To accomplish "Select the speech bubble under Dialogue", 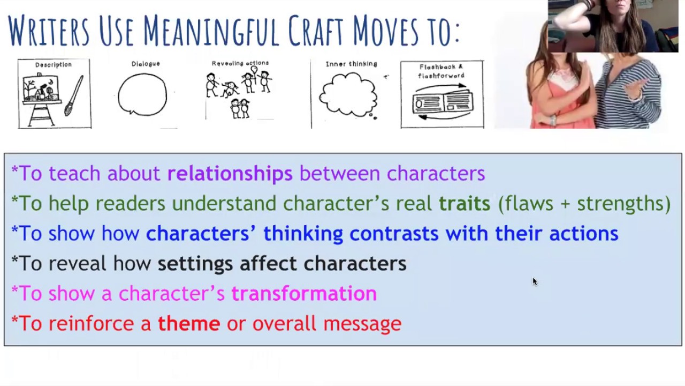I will tap(142, 94).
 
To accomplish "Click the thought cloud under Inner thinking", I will tap(349, 95).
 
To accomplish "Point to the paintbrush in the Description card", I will tap(74, 95).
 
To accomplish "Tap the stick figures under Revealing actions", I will tap(239, 91).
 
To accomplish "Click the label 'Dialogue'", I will tap(146, 64).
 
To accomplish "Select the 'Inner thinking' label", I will tap(351, 64).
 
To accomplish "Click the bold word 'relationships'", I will tap(230, 174).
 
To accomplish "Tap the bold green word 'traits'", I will tap(464, 204).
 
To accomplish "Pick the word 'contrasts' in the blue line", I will tap(394, 234).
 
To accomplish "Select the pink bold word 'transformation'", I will tap(303, 294).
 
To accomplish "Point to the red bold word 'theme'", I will tap(188, 324).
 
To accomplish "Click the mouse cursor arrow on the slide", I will tap(534, 281).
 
